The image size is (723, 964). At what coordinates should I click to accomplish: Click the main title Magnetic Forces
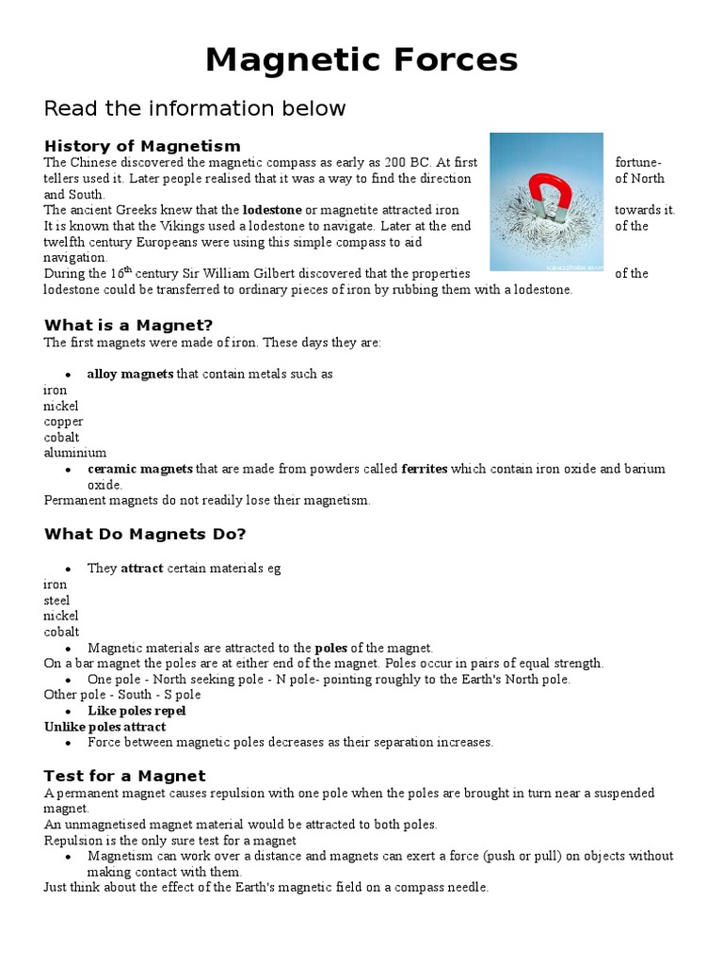pos(361,60)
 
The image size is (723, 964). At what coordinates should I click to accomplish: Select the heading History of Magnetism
pos(142,146)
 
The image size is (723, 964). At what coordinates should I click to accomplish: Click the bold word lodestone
pos(271,210)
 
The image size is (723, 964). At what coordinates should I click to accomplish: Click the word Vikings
pos(153,226)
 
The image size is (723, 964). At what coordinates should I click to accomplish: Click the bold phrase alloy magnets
pos(130,374)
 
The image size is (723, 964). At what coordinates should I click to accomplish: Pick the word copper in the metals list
pos(63,422)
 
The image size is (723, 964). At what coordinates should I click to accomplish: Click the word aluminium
pos(74,453)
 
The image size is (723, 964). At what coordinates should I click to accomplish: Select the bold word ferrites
pos(425,469)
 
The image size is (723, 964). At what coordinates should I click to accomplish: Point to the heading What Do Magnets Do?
pos(145,535)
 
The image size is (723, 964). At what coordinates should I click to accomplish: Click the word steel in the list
pos(56,601)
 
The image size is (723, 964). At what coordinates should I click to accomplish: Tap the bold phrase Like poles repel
pos(137,711)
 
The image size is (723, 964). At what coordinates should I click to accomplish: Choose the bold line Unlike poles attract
pos(105,727)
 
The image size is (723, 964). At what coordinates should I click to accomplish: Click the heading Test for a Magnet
pos(124,777)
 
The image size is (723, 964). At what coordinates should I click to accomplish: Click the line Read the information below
pos(195,108)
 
